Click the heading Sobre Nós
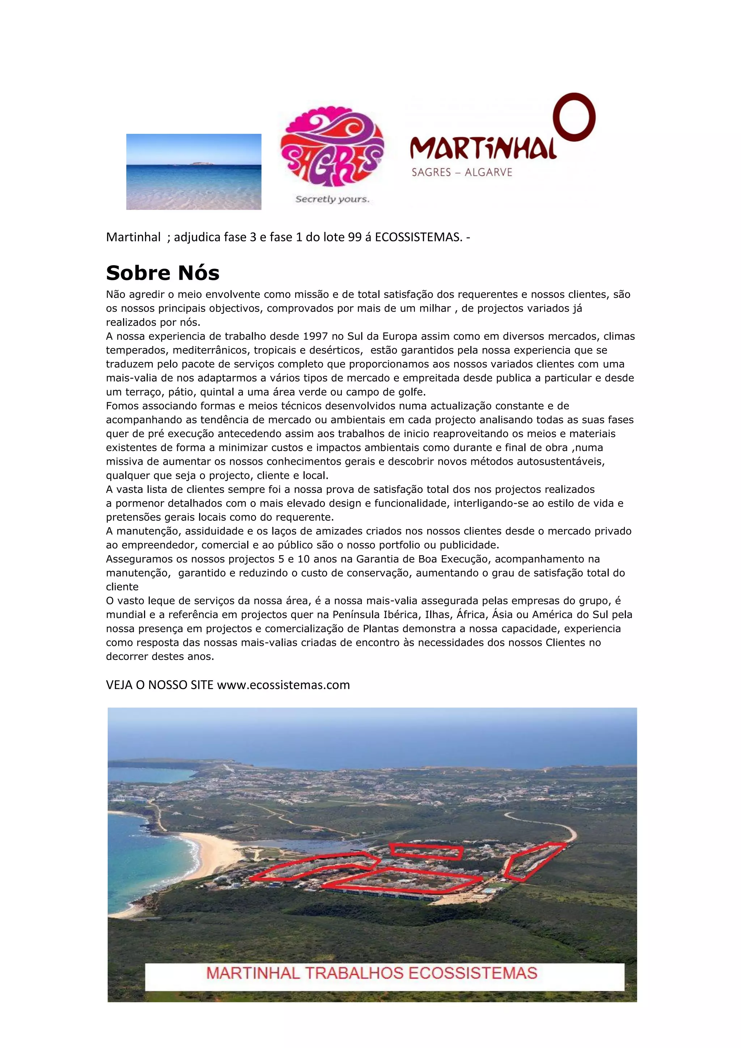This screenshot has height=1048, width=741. click(x=162, y=273)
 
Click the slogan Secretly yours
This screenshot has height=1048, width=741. click(x=332, y=199)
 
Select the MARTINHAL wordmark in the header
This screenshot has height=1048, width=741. click(x=483, y=149)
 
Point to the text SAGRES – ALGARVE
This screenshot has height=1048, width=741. click(x=462, y=172)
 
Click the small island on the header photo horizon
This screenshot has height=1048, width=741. click(x=200, y=162)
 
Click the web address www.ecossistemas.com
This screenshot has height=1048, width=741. click(x=283, y=685)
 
